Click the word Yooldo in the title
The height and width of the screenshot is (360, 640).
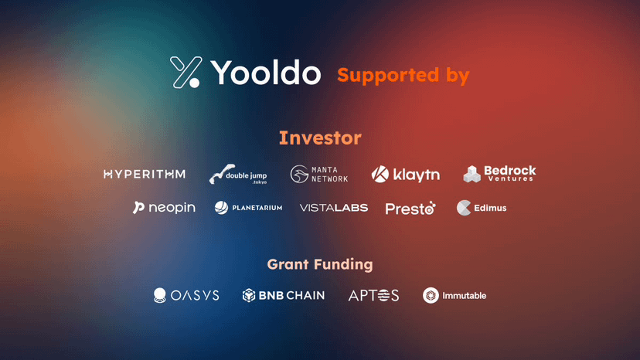[266, 73]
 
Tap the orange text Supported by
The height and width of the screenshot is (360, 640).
[403, 76]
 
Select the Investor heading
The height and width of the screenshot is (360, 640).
[320, 138]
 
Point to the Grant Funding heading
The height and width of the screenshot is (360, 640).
[320, 264]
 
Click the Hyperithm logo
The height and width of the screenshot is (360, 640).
[145, 175]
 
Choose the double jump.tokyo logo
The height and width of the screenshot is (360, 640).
[238, 175]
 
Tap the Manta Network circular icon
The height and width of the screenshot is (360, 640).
[299, 174]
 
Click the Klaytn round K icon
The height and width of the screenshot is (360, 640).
[380, 175]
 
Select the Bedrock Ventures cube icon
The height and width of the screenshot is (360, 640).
[471, 174]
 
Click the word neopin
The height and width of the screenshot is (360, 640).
[172, 208]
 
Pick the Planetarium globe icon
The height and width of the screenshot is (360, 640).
[221, 208]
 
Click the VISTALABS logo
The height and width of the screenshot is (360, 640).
[334, 208]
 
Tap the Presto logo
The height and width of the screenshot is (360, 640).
[410, 209]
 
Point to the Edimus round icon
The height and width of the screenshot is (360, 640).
[464, 208]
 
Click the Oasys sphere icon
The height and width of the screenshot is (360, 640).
[159, 295]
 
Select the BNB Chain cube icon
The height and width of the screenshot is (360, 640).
[249, 295]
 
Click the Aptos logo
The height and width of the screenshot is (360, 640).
[373, 295]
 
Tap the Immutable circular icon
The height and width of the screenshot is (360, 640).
[431, 295]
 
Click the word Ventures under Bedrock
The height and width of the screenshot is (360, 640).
[511, 178]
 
